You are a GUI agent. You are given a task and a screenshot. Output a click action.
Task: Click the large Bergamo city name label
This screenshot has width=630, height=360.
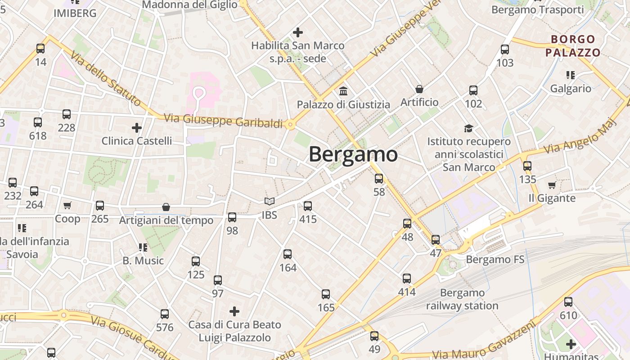(353, 154)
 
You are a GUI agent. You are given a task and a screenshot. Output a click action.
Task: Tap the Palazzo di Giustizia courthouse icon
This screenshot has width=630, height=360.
(343, 91)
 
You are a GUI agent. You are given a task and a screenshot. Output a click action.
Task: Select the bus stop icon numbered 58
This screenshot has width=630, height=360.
(379, 179)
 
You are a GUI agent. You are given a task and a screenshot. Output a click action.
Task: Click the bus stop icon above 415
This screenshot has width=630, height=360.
(308, 206)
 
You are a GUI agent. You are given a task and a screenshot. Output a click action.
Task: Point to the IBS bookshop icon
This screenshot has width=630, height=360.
(269, 202)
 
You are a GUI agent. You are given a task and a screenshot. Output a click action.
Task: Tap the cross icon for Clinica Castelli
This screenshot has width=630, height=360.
(137, 128)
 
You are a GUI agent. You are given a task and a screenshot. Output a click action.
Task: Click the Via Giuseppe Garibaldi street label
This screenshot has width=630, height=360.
(223, 121)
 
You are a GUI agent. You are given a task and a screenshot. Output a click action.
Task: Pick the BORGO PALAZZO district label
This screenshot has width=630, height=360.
(573, 46)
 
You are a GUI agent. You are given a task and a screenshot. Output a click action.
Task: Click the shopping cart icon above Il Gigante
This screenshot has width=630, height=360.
(552, 185)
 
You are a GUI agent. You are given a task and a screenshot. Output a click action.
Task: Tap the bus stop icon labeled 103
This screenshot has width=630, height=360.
(505, 49)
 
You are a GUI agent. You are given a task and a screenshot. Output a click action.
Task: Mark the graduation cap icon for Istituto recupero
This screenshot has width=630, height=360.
(469, 128)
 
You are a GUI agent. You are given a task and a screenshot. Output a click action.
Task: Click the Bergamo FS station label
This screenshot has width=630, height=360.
(495, 260)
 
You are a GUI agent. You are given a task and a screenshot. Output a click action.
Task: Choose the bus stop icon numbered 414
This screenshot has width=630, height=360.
(407, 279)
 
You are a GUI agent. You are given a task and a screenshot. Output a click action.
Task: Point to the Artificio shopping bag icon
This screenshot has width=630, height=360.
(419, 89)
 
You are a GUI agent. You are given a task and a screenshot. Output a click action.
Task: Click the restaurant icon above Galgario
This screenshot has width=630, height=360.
(571, 75)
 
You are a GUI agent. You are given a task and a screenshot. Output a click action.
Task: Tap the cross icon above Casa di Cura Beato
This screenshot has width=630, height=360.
(234, 311)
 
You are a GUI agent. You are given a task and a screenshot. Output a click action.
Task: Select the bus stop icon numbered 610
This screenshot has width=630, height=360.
(568, 302)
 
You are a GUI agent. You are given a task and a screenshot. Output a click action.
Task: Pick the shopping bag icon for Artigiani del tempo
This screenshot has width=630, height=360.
(166, 207)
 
